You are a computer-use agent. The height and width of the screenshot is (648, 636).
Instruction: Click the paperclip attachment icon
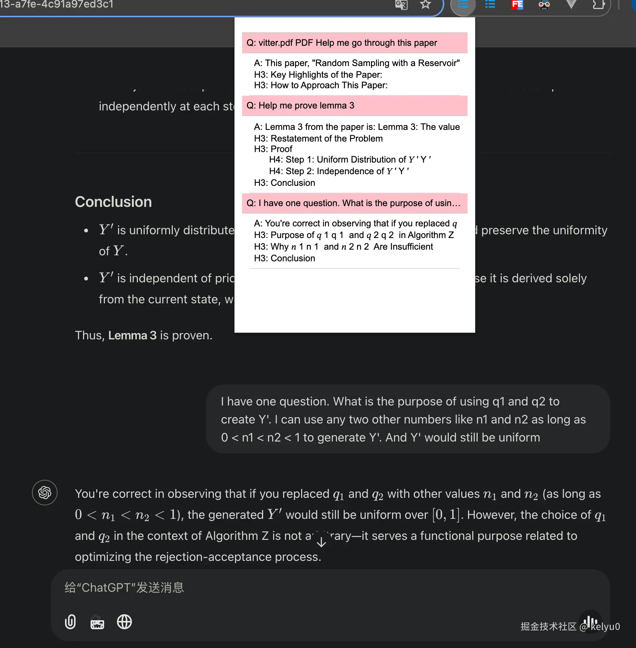tap(70, 622)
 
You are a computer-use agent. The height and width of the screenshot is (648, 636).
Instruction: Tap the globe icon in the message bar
tap(124, 622)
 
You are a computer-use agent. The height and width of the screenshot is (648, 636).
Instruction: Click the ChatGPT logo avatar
tap(45, 493)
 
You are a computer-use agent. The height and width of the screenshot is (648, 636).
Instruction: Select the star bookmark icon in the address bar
tap(425, 5)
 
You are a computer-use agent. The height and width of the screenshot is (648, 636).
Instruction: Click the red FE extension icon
tap(517, 5)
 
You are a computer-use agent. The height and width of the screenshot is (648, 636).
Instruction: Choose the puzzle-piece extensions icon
tap(598, 5)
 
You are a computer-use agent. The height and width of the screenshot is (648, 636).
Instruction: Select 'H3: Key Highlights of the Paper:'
tap(318, 75)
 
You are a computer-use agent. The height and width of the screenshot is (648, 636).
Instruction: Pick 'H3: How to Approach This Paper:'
tap(321, 85)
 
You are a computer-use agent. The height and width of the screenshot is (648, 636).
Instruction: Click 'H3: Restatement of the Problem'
tap(318, 139)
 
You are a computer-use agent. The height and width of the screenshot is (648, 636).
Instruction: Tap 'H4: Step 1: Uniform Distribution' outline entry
tap(350, 160)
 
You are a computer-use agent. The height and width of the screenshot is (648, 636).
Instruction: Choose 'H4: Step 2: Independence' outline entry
tap(339, 171)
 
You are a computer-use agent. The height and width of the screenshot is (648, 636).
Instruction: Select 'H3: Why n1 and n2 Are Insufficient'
tap(343, 247)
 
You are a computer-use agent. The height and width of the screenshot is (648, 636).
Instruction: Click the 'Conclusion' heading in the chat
tap(113, 202)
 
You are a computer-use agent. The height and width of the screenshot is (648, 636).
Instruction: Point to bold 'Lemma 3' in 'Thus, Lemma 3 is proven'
tap(132, 335)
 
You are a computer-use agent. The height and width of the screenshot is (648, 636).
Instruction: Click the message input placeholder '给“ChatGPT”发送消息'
tap(124, 588)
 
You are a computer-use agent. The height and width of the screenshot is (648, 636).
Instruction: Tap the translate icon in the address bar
tap(401, 5)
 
